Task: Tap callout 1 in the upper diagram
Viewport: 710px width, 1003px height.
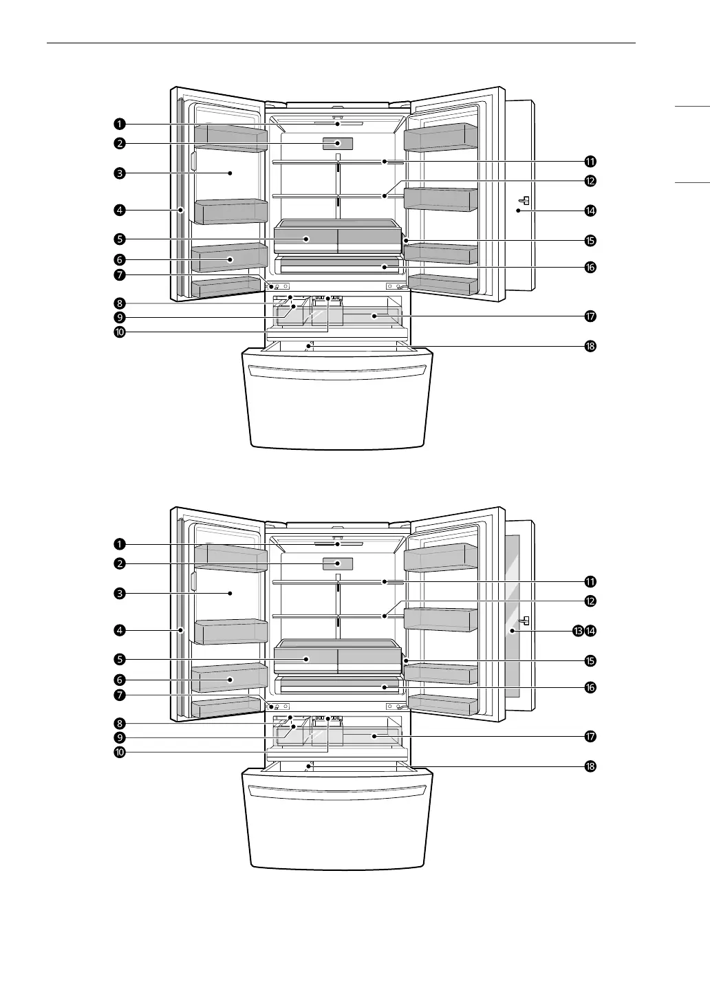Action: [120, 124]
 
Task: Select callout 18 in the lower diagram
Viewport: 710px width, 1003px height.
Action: [590, 766]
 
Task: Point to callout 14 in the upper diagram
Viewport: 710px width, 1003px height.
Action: [590, 210]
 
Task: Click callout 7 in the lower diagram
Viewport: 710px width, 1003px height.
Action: [120, 695]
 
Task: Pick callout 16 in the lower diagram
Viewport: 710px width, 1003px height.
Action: [590, 687]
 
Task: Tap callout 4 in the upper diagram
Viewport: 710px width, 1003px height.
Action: [120, 210]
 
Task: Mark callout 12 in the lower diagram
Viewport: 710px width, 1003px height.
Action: [590, 601]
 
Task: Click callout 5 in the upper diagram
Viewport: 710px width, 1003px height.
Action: [120, 239]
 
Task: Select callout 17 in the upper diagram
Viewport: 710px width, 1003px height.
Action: [590, 316]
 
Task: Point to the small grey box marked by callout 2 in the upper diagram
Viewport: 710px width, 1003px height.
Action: [338, 143]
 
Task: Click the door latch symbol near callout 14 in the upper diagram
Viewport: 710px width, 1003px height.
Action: [524, 202]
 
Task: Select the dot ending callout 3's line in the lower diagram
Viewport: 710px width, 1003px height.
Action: [230, 593]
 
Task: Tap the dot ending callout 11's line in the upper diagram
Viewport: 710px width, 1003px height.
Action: [384, 162]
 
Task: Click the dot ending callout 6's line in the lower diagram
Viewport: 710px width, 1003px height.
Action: [230, 679]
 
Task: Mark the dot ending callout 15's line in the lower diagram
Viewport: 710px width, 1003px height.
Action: [406, 660]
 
